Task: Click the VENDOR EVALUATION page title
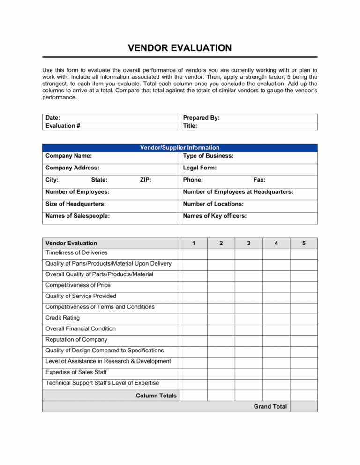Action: (x=180, y=48)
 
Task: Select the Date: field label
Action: (x=52, y=118)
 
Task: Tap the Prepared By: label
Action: (x=202, y=118)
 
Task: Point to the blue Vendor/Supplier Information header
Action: (x=180, y=147)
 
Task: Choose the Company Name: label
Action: (x=68, y=155)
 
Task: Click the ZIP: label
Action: (x=145, y=180)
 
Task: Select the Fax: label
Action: (x=260, y=180)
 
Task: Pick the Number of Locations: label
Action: (x=213, y=204)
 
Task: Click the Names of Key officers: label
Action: (x=215, y=216)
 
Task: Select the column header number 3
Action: (x=248, y=243)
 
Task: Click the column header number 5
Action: (x=304, y=243)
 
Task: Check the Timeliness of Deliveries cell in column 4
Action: (x=276, y=253)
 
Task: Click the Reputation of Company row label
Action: (x=76, y=339)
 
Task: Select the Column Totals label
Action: (x=156, y=396)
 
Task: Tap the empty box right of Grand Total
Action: (x=304, y=406)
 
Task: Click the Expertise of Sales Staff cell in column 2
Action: (x=221, y=372)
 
